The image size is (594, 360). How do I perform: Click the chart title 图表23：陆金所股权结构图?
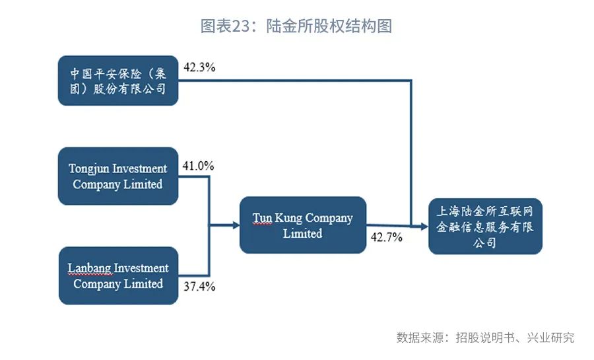pos(296,26)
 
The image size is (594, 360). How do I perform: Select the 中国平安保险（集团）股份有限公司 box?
pos(118,81)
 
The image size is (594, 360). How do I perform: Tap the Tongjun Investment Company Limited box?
pos(118,176)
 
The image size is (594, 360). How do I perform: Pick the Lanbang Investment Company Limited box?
pos(119,275)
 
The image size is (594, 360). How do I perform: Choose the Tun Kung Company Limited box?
pos(303,225)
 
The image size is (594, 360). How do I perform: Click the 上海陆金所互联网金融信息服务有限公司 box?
pos(485,226)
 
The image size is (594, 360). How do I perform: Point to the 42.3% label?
pos(199,67)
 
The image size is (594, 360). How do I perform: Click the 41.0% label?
pos(198,166)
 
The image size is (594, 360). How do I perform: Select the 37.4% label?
pos(199,287)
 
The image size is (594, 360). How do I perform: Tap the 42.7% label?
pos(386,237)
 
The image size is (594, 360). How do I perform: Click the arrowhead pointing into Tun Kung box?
pos(236,225)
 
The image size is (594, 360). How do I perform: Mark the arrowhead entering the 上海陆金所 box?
pos(424,227)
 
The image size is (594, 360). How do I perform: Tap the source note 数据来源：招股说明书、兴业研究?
pos(485,338)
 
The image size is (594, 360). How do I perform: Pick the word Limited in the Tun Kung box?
pos(303,233)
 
